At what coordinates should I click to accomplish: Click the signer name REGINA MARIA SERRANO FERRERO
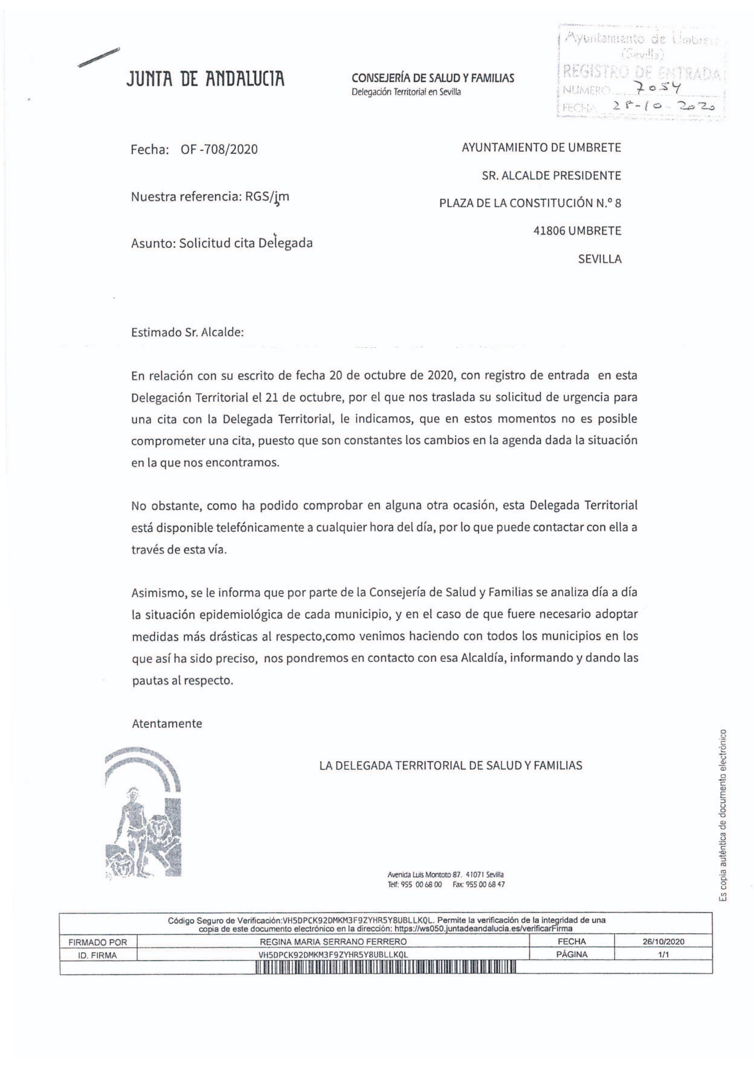[333, 942]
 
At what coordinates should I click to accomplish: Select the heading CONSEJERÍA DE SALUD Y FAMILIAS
[433, 78]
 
